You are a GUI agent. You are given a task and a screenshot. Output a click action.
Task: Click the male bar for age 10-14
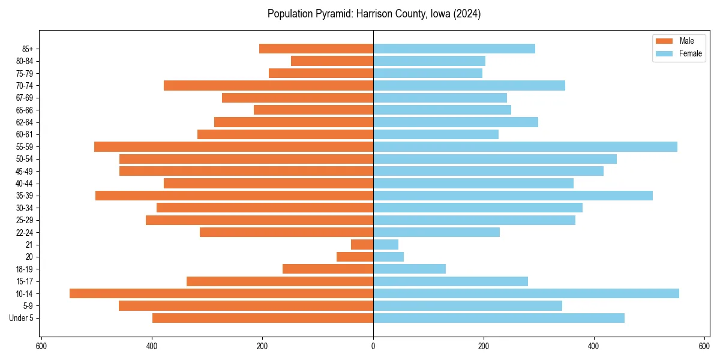click(x=221, y=293)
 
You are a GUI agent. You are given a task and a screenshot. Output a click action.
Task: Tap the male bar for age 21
click(x=362, y=245)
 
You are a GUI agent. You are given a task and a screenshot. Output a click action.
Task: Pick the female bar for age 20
click(x=388, y=257)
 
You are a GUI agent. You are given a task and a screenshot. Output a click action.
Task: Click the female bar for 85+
click(x=454, y=49)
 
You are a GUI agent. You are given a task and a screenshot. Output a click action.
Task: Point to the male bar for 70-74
click(x=269, y=86)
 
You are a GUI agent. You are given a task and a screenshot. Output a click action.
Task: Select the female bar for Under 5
click(x=499, y=318)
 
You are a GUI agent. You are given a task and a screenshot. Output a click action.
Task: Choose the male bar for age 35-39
click(x=234, y=196)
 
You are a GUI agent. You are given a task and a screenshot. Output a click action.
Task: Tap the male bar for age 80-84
click(x=332, y=61)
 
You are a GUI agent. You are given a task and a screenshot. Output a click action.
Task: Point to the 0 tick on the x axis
click(x=373, y=346)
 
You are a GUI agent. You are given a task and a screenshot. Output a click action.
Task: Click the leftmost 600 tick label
click(x=41, y=346)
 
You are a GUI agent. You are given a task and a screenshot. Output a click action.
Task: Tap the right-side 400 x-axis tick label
click(x=594, y=346)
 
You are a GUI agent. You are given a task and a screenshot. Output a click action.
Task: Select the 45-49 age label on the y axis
click(x=26, y=172)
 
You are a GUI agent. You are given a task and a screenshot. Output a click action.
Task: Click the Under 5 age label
click(x=22, y=318)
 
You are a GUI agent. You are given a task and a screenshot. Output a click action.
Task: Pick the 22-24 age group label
click(x=26, y=233)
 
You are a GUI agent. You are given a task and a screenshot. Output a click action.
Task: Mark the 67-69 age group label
click(x=26, y=98)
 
